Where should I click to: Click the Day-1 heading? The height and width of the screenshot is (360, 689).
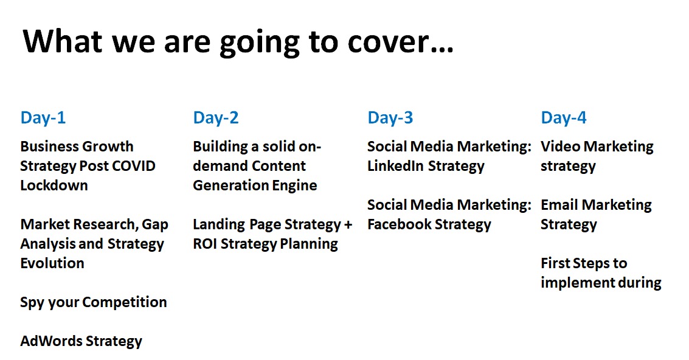click(x=43, y=118)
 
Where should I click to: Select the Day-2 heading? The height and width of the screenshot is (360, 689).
click(x=216, y=118)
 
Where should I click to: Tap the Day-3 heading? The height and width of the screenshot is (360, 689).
click(x=390, y=118)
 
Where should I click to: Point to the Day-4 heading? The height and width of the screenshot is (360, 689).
click(x=564, y=118)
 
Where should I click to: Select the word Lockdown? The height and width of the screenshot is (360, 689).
click(x=54, y=185)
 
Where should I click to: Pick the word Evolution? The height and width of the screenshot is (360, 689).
click(x=52, y=263)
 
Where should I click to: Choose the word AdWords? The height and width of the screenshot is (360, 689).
click(x=50, y=341)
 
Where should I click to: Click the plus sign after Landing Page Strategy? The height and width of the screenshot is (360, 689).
click(x=348, y=225)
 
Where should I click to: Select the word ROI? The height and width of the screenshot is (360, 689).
click(x=207, y=244)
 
